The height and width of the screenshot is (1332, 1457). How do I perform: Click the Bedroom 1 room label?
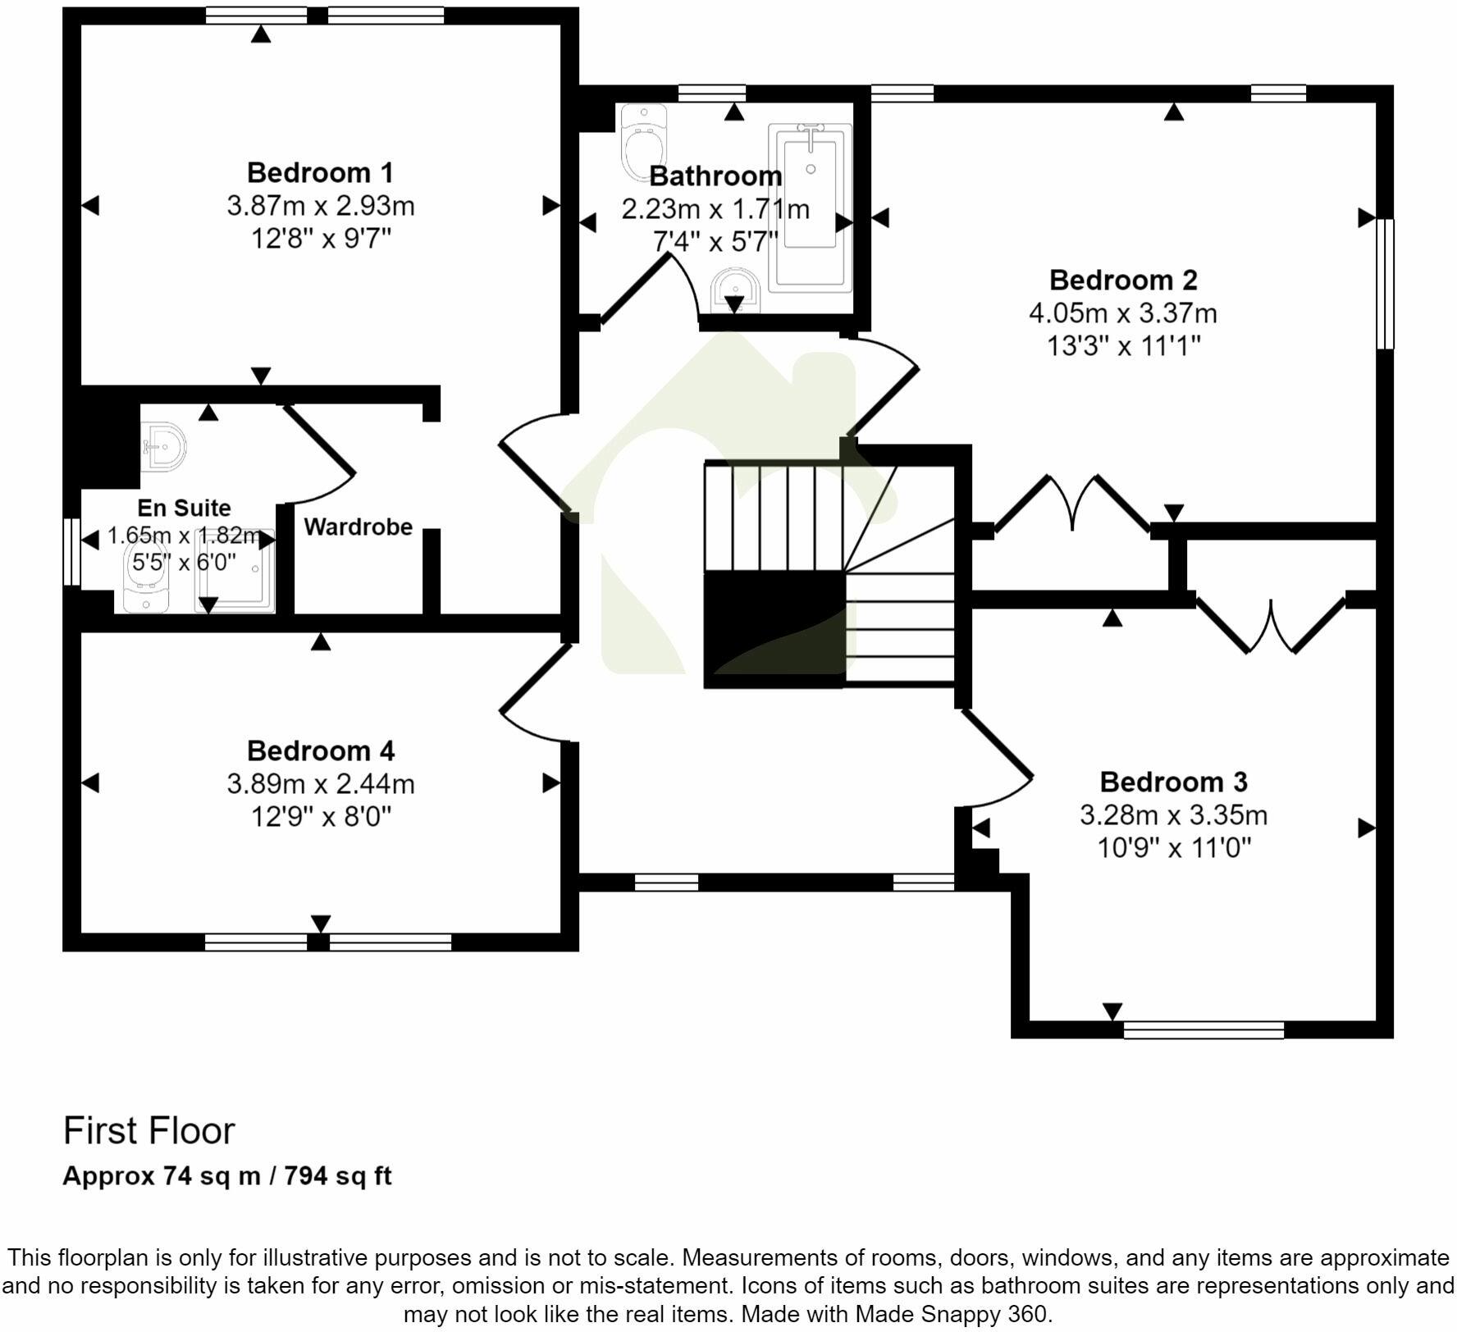[x=320, y=173]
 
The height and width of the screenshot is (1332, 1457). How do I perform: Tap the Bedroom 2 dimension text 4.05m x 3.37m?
[x=1122, y=313]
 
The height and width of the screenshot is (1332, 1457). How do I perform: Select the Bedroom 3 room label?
[x=1173, y=782]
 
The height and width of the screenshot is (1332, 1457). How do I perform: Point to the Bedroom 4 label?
[x=320, y=751]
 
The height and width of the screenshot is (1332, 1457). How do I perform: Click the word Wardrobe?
[x=359, y=527]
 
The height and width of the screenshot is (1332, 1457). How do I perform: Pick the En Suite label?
[x=184, y=509]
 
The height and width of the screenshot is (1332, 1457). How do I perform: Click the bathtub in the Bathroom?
[x=810, y=207]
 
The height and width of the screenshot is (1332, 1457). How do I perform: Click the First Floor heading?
[x=149, y=1131]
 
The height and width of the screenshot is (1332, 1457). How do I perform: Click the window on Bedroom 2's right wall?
[x=1385, y=284]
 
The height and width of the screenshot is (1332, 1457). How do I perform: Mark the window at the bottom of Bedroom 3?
[x=1203, y=1030]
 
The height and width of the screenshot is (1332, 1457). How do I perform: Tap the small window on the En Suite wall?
[x=72, y=551]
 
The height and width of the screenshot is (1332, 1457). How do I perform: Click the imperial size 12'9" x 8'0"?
[x=321, y=817]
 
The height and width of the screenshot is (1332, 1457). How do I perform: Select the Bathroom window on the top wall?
[x=712, y=93]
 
